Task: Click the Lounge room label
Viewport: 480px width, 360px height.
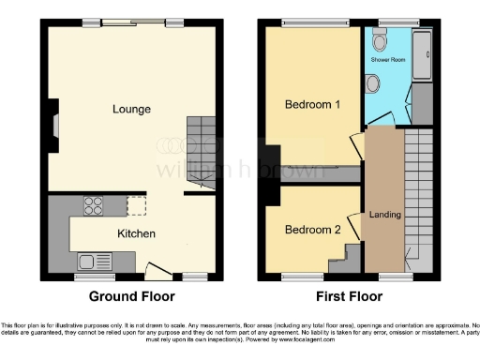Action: pos(131,109)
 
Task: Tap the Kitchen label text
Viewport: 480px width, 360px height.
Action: pos(136,233)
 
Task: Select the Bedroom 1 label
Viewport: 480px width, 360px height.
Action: pos(312,104)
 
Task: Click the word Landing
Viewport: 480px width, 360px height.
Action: pos(384,215)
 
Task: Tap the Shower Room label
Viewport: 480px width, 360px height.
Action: pos(389,60)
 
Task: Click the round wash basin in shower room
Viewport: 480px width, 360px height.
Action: pos(373,84)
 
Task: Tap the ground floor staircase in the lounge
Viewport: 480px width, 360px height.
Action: pos(202,150)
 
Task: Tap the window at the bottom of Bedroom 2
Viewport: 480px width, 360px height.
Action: pos(300,277)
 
